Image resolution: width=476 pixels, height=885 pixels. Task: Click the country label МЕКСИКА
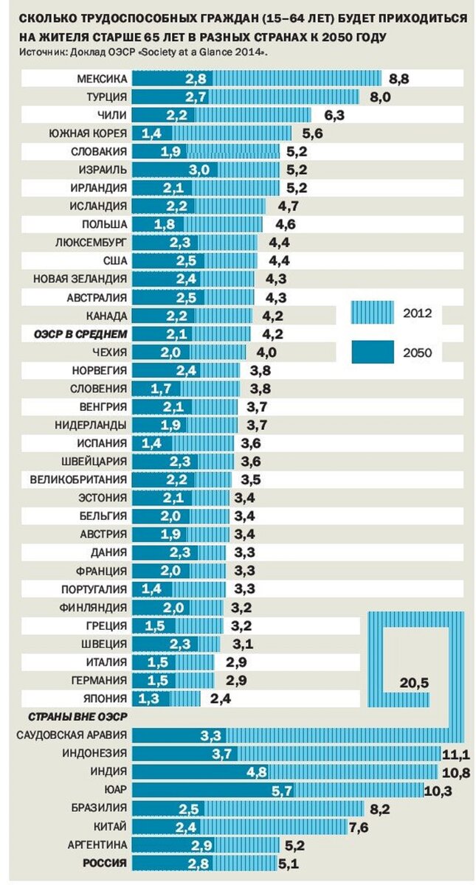coord(103,78)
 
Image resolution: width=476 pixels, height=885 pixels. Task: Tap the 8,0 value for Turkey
coord(381,97)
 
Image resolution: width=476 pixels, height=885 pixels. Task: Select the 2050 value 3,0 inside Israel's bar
coord(199,170)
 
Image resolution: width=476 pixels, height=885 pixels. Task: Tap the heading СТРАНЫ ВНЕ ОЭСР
coord(69,716)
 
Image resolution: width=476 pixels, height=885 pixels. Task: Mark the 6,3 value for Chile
coord(334,115)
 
